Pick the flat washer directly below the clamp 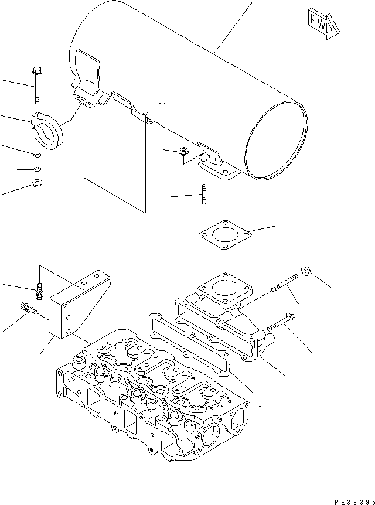37,155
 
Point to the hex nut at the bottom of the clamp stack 36,185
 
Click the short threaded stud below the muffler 204,195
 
